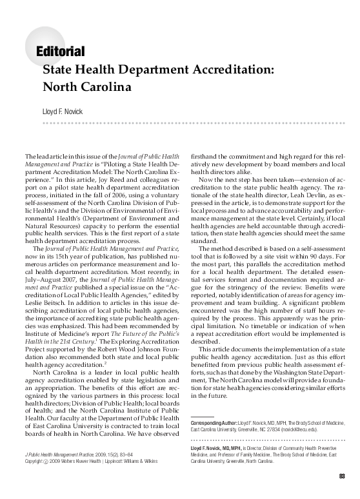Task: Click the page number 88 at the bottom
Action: (342, 477)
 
